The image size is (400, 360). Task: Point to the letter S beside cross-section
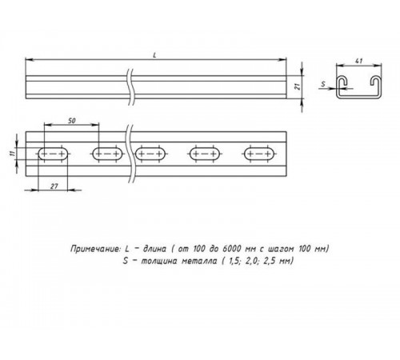[x=323, y=82]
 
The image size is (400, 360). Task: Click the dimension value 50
[x=73, y=121]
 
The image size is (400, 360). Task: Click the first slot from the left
[x=52, y=153]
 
